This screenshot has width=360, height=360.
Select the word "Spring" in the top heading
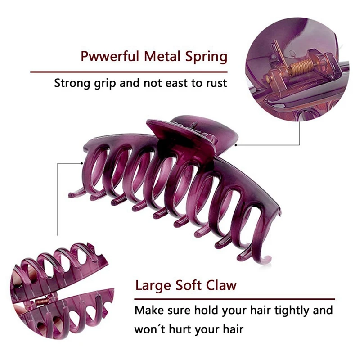205,58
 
